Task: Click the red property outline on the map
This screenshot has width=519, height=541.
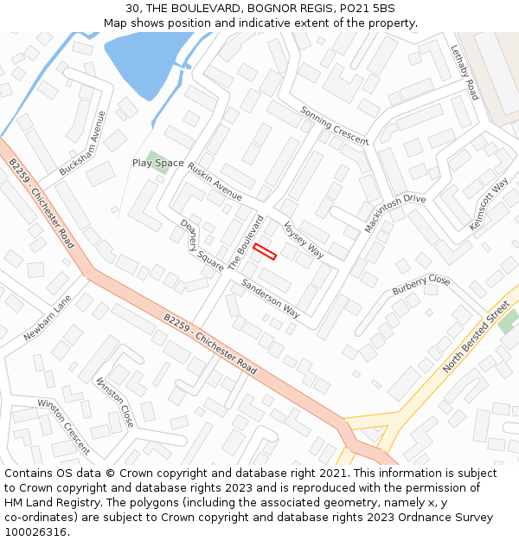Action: coord(265,252)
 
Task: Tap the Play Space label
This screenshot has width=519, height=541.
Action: coord(157,163)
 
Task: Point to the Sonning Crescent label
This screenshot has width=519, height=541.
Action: coord(334,126)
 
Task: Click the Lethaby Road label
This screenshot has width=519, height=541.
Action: coord(465,74)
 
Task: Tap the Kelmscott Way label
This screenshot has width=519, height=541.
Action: coord(489,204)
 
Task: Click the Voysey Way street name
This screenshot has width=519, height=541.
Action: coord(304,238)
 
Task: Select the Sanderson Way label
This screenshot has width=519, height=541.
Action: coord(270,298)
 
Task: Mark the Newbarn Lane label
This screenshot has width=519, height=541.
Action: coord(48,319)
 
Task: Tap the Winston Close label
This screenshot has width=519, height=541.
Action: coord(115,403)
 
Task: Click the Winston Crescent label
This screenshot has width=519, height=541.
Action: coord(63,427)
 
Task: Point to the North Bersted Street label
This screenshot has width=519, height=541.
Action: coord(477,337)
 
